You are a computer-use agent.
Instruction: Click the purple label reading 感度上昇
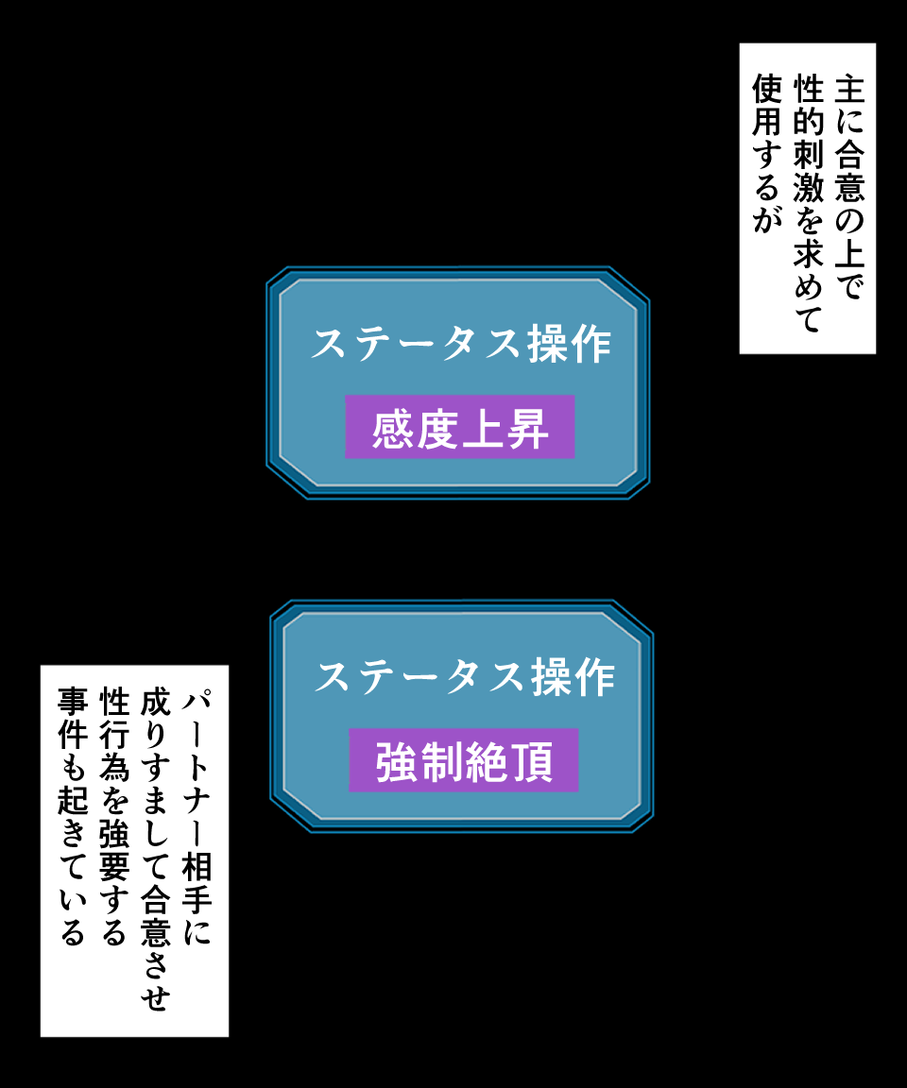(x=460, y=427)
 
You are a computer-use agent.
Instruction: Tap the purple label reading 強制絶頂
(x=464, y=760)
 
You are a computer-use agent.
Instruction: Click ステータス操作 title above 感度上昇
(x=461, y=344)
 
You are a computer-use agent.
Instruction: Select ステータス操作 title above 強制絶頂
(x=465, y=677)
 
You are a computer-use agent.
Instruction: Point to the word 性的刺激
(x=808, y=138)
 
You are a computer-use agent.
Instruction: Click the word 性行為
(x=113, y=737)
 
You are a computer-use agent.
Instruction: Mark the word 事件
(x=73, y=721)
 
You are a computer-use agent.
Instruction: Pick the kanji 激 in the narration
(x=808, y=188)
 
